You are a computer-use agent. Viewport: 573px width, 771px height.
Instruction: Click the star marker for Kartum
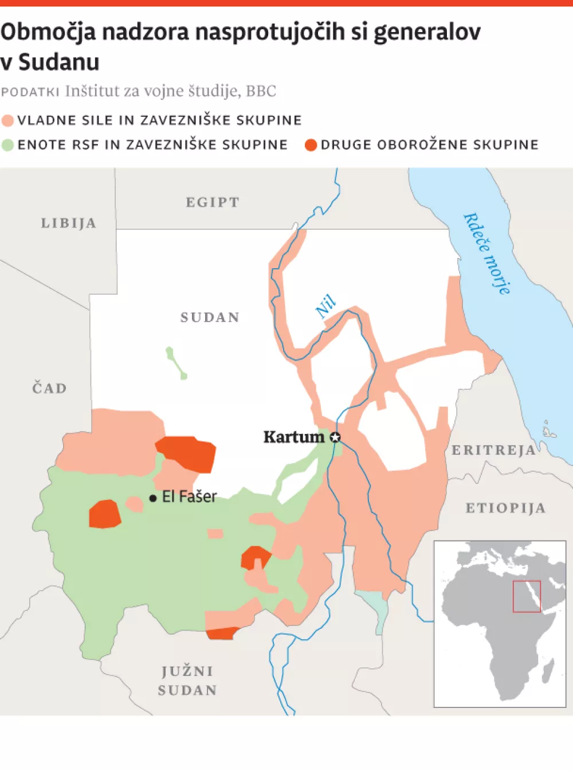pos(335,437)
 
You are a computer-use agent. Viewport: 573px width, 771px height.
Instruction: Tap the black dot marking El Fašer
pos(153,498)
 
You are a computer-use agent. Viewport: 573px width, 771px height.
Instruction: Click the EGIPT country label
pos(213,202)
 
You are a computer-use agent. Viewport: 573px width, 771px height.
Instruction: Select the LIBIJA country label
pos(69,223)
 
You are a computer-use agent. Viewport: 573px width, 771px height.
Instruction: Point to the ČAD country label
pos(49,388)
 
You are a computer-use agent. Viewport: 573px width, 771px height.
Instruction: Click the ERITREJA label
pos(493,450)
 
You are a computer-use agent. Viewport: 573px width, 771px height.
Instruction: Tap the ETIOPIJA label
pos(505,508)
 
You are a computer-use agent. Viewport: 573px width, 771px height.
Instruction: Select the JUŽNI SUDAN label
pos(187,680)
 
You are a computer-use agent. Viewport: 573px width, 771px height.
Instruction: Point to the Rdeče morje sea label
pos(486,253)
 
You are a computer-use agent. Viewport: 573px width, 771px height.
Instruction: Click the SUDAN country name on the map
pos(210,317)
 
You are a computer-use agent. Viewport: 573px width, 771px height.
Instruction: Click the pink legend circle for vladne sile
pos(7,120)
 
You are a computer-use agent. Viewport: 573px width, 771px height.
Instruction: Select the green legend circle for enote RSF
pos(7,145)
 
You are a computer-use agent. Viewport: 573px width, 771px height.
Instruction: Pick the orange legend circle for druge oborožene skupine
pos(311,145)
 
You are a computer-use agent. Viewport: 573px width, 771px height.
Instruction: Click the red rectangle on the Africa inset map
pos(527,596)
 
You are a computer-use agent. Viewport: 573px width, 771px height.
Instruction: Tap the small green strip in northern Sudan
pos(176,363)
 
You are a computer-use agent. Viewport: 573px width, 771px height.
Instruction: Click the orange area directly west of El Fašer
pos(104,514)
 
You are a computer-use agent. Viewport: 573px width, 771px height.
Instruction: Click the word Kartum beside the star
pos(293,437)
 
